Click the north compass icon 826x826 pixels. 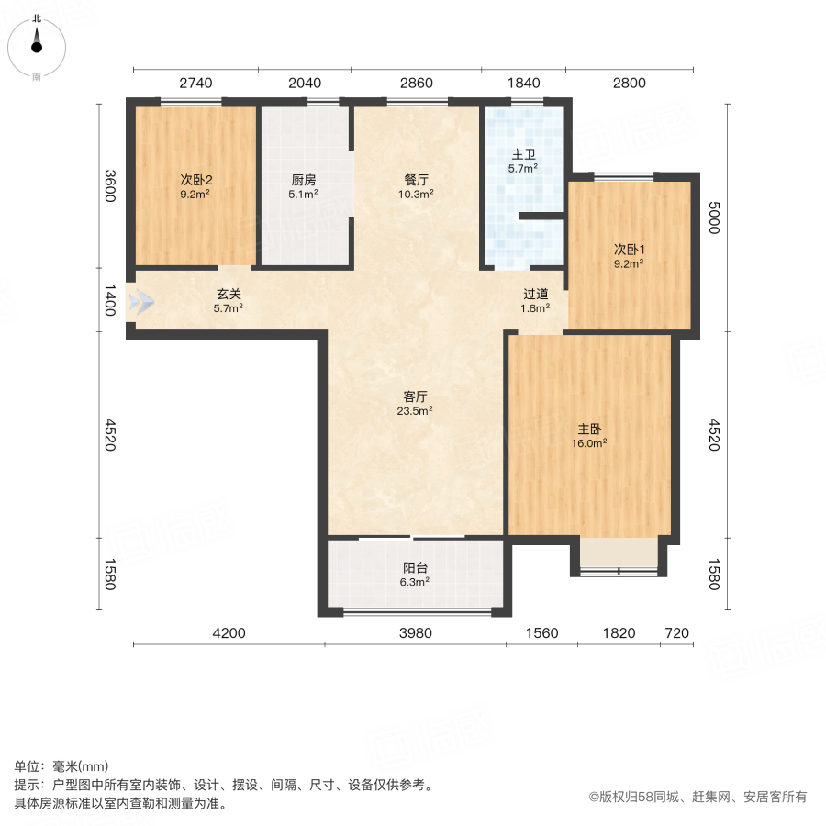click(37, 44)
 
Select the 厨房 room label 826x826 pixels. click(303, 180)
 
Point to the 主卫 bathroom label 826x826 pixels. click(523, 155)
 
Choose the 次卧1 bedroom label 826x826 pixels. click(629, 249)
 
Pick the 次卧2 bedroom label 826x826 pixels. click(195, 180)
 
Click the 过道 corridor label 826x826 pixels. click(536, 294)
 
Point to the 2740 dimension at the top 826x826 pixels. click(195, 83)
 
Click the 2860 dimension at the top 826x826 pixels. click(416, 83)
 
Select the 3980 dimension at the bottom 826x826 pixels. click(415, 633)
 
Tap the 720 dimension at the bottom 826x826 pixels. click(676, 633)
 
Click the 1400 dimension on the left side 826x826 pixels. click(109, 301)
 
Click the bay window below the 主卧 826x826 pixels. click(619, 554)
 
